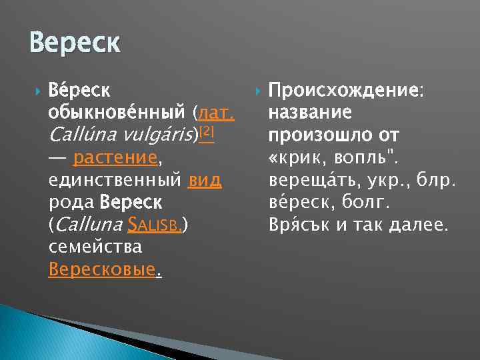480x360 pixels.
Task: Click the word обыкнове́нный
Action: pyautogui.click(x=117, y=111)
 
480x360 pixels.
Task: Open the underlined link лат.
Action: pyautogui.click(x=216, y=111)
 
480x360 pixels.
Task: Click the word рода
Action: pyautogui.click(x=71, y=203)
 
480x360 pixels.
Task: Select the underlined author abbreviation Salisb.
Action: pyautogui.click(x=158, y=225)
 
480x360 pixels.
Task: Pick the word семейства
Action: pyautogui.click(x=95, y=247)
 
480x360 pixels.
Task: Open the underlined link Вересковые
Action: pyautogui.click(x=104, y=270)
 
